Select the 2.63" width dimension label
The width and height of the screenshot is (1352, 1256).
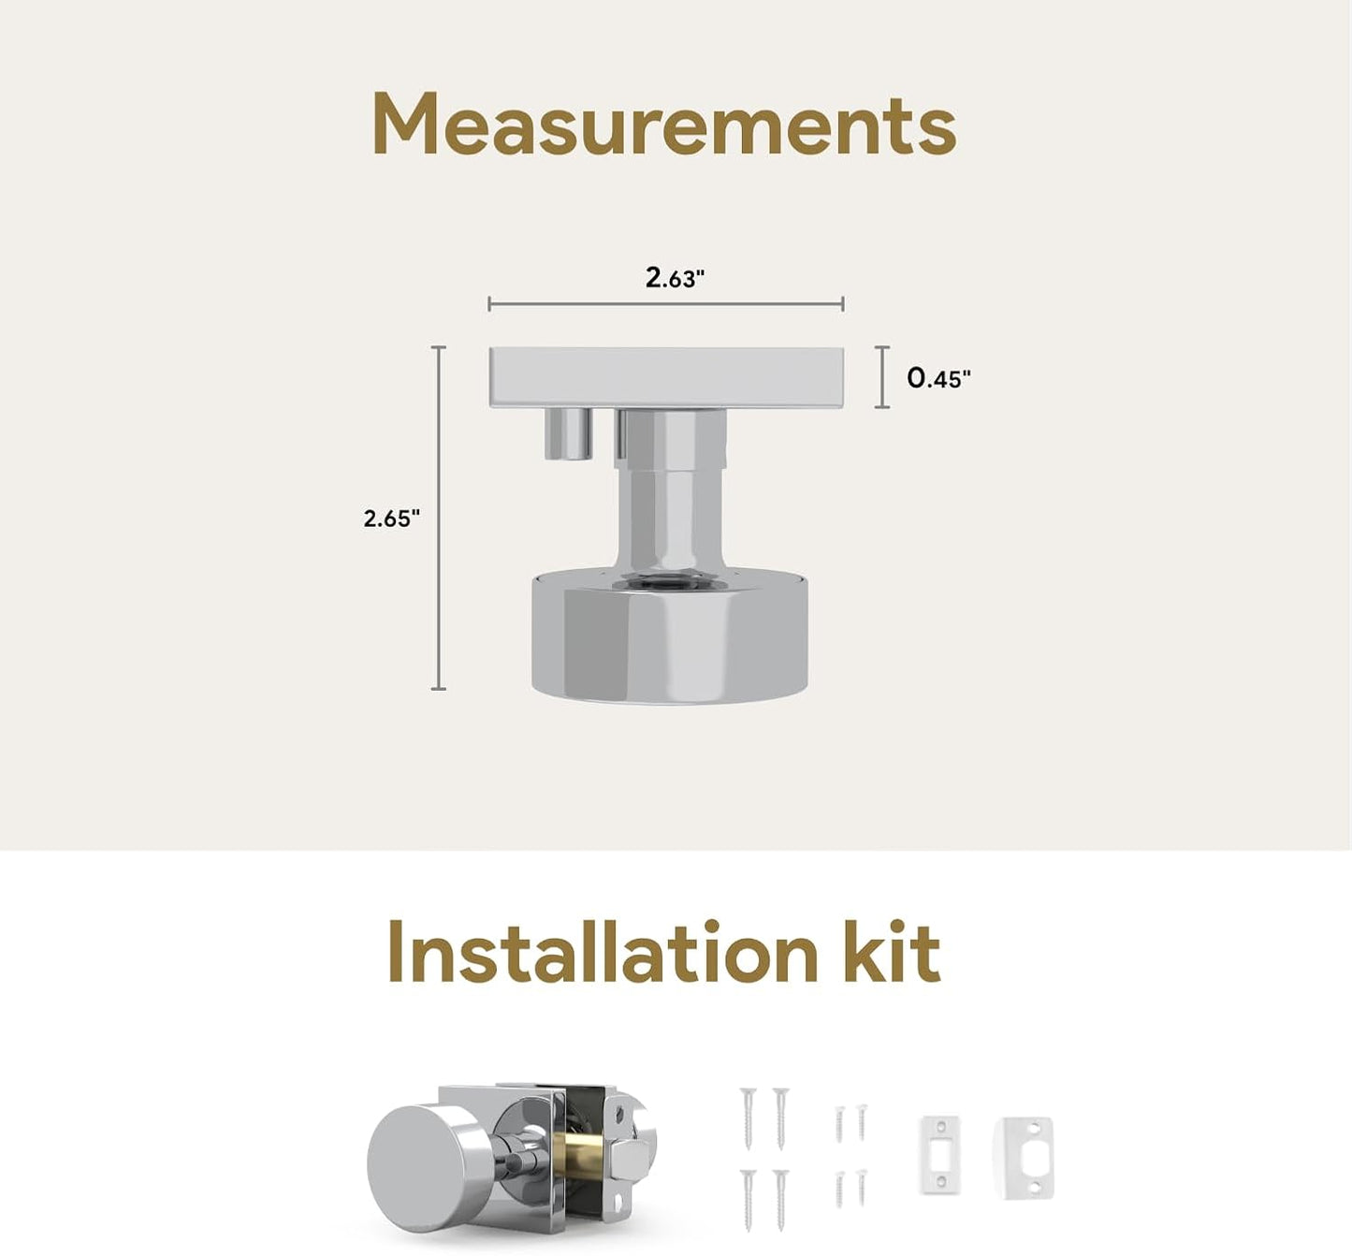pos(675,277)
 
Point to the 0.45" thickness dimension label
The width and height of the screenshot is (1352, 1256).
pos(938,378)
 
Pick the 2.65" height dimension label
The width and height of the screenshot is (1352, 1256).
pos(391,519)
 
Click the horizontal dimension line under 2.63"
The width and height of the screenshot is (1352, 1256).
pos(666,304)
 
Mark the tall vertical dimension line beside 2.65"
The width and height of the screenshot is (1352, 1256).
pos(439,518)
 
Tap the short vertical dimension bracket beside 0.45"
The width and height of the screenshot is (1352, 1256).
pos(882,377)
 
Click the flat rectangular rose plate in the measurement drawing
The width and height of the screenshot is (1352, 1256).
pos(666,378)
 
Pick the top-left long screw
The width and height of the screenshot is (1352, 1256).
pos(748,1118)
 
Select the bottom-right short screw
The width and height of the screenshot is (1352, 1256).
pos(861,1187)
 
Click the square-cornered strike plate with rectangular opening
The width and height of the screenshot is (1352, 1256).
pos(940,1155)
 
